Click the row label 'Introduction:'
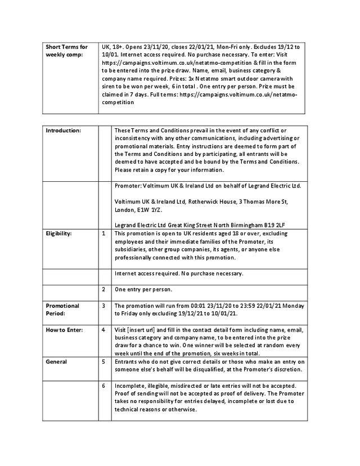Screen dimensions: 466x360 click(63, 131)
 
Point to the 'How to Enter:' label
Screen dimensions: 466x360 click(64, 330)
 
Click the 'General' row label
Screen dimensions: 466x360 click(56, 362)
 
